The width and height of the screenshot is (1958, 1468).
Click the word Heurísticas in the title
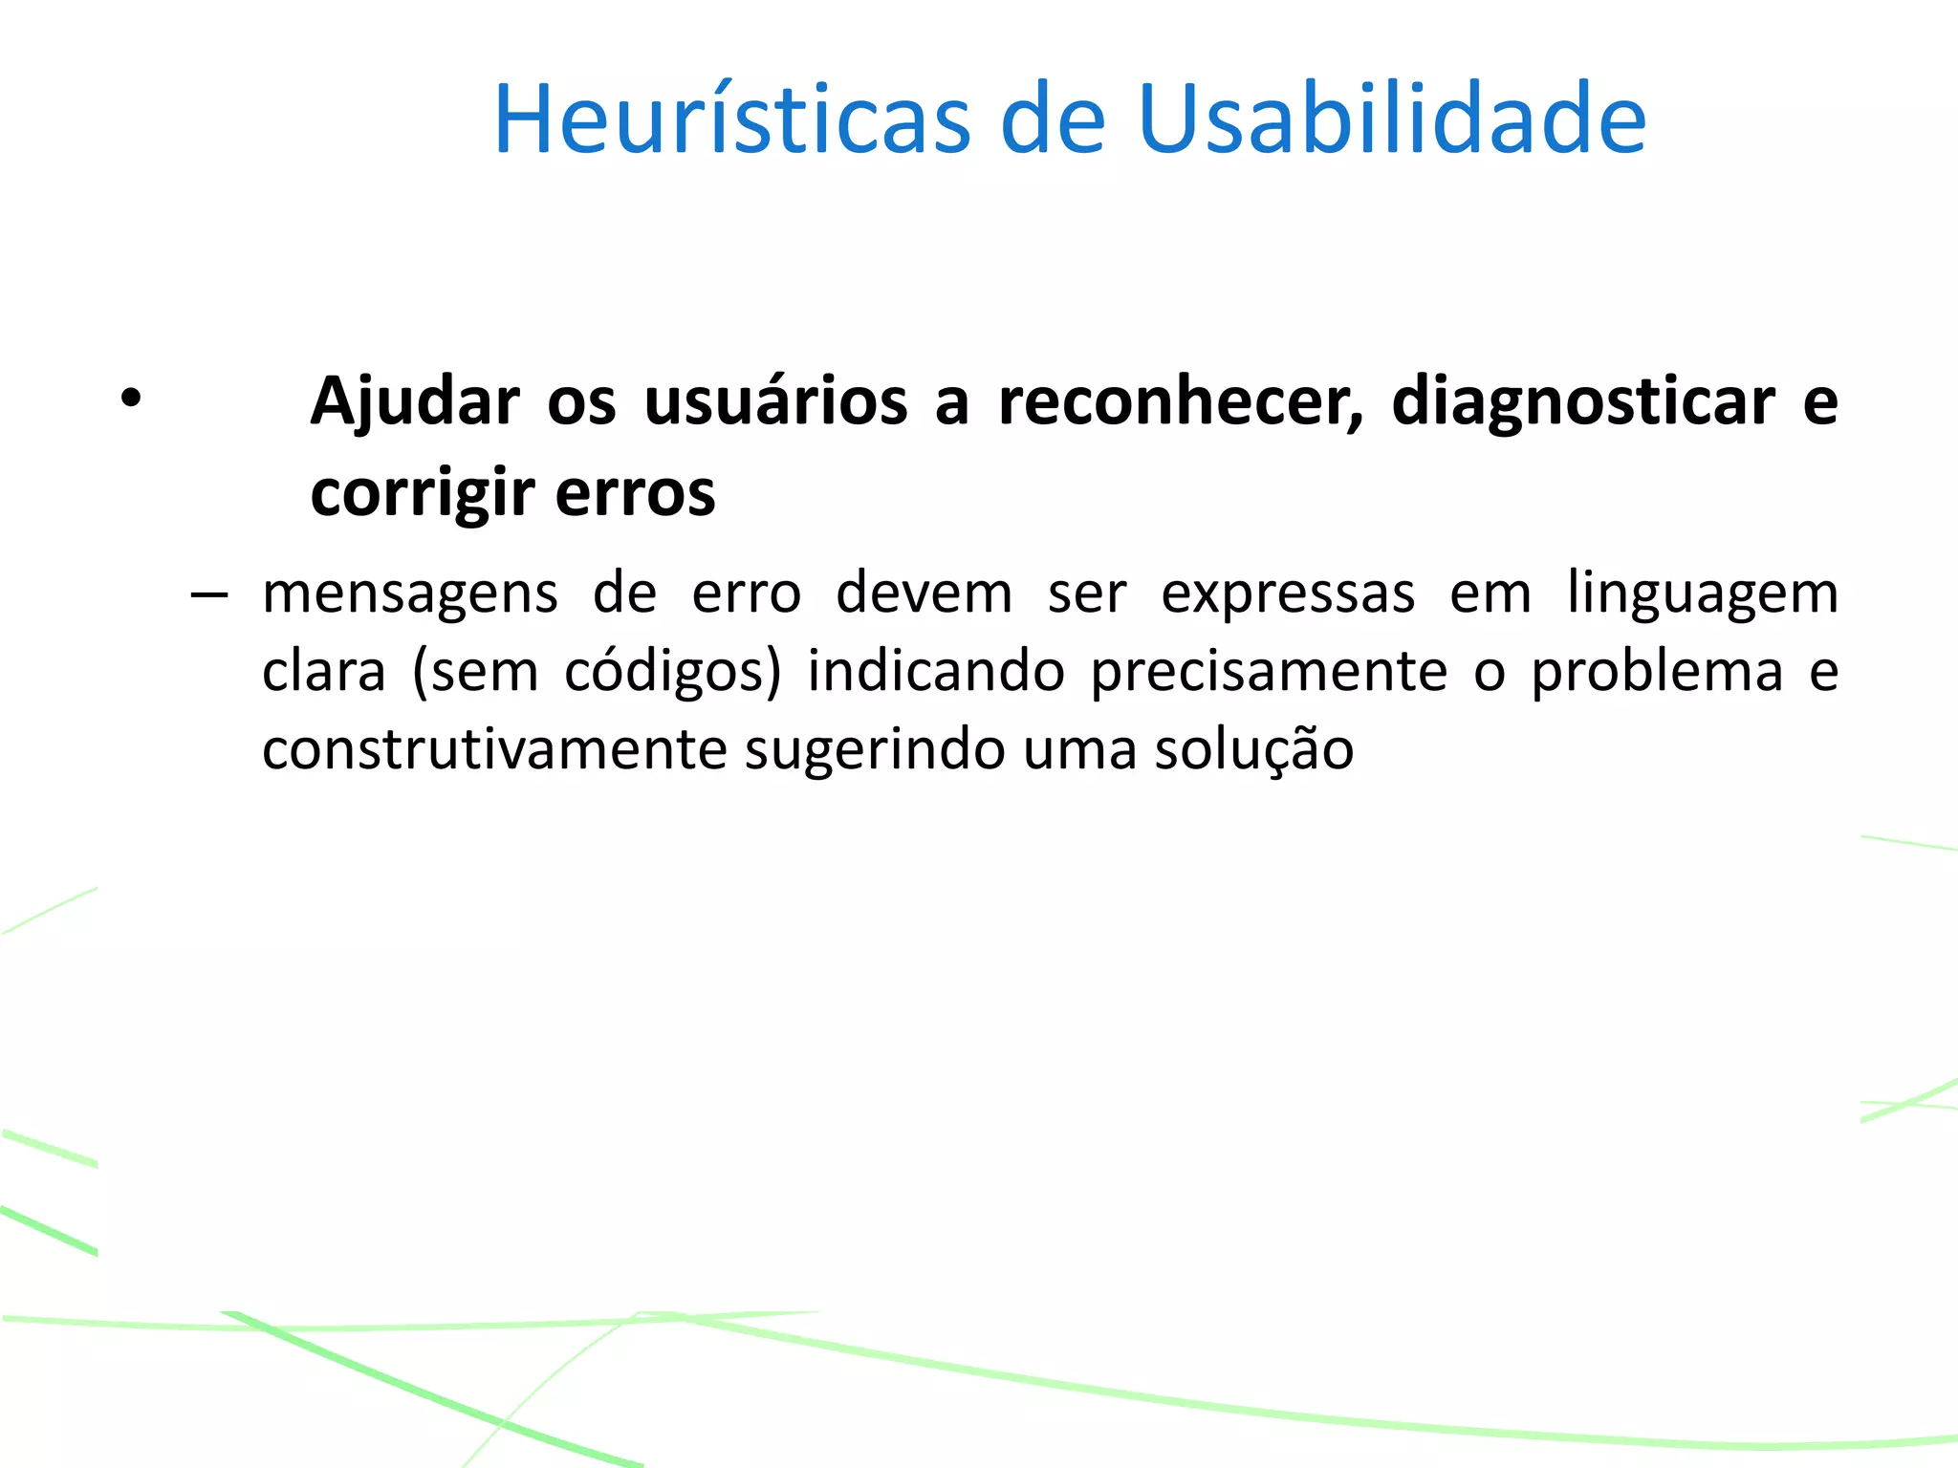point(731,119)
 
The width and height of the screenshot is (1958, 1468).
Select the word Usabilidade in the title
point(1392,119)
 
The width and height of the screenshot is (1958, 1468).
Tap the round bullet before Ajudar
point(131,398)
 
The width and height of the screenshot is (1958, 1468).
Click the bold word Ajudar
point(415,401)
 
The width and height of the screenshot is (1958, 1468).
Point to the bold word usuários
point(775,401)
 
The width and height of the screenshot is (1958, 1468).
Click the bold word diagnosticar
point(1583,401)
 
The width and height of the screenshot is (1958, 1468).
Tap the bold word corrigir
point(422,493)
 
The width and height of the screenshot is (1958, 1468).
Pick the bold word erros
point(635,493)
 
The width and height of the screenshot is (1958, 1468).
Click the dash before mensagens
point(208,595)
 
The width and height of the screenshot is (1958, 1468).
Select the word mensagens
point(410,594)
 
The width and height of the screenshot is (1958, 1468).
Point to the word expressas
point(1288,594)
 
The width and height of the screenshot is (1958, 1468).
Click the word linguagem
point(1703,594)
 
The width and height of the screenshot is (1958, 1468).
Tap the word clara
point(323,671)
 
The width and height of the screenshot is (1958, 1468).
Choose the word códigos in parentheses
point(665,671)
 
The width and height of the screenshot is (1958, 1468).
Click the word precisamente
point(1269,672)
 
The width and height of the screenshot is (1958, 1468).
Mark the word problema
point(1657,672)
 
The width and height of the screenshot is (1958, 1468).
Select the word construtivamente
point(494,749)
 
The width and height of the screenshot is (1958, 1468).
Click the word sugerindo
point(874,750)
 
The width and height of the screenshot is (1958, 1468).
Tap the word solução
point(1253,750)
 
